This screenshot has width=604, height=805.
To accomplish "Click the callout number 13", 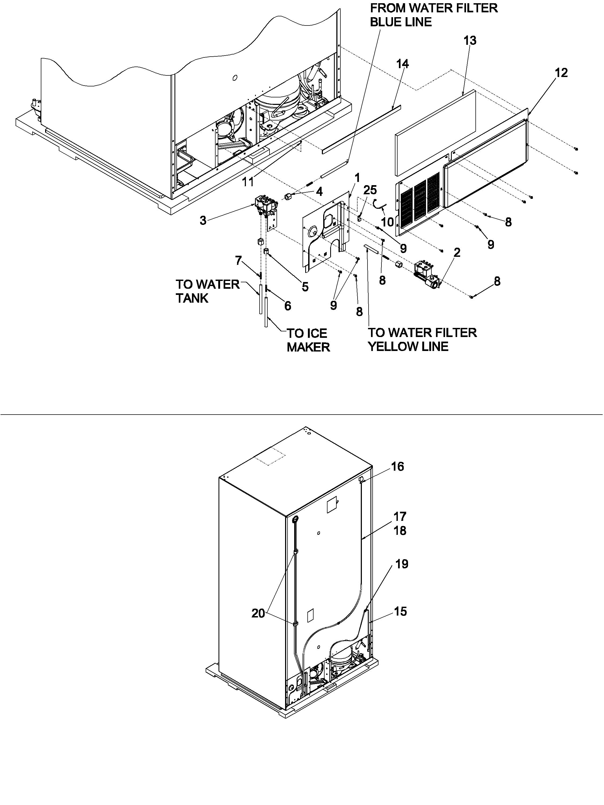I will click(x=470, y=41).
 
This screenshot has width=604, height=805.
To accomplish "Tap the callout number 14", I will click(x=402, y=64).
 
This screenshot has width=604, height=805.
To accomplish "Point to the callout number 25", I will click(x=370, y=190).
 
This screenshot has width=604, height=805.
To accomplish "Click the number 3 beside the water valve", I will click(x=203, y=220).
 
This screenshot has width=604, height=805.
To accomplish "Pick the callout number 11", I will click(x=248, y=182).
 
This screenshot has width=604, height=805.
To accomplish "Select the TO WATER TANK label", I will click(x=208, y=291).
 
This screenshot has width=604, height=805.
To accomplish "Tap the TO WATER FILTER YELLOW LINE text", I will click(x=422, y=339).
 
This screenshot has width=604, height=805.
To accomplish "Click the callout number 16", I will click(x=398, y=467).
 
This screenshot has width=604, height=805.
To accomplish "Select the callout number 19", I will click(x=402, y=564).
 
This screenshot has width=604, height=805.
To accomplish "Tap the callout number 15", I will click(x=400, y=611).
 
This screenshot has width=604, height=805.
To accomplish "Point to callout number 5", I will click(x=305, y=287).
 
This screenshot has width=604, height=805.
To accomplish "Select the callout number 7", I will click(x=238, y=261).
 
